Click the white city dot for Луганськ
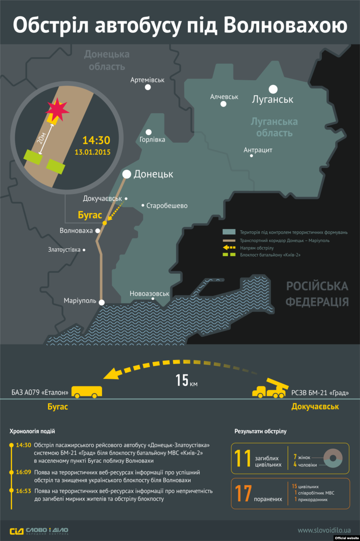[x=273, y=89]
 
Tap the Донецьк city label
[x=153, y=174]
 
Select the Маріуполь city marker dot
[x=102, y=302]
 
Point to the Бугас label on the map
[x=90, y=215]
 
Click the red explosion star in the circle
[x=57, y=109]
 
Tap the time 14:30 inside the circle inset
[x=96, y=140]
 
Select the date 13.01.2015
[x=92, y=152]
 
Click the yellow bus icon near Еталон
[x=87, y=392]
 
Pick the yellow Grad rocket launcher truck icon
[x=270, y=389]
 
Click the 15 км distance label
[x=186, y=381]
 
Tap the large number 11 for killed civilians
[x=243, y=458]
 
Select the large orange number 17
[x=243, y=493]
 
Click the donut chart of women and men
[x=333, y=458]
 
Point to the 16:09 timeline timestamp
[x=24, y=472]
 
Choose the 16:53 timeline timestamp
[x=24, y=491]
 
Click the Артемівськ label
[x=147, y=80]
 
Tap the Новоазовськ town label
[x=149, y=293]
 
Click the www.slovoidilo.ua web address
[x=324, y=530]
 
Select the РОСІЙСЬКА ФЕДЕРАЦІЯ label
[x=317, y=294]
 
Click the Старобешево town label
[x=167, y=205]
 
